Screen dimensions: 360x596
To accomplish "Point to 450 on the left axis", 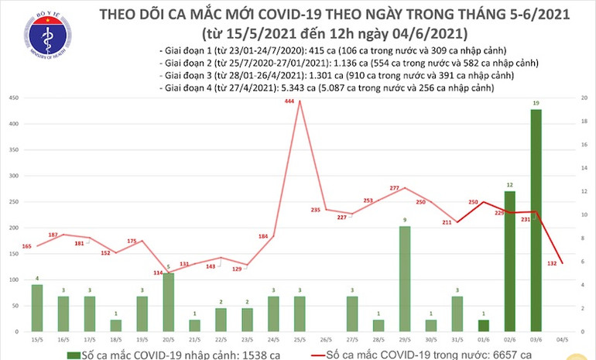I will [x=14, y=98].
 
